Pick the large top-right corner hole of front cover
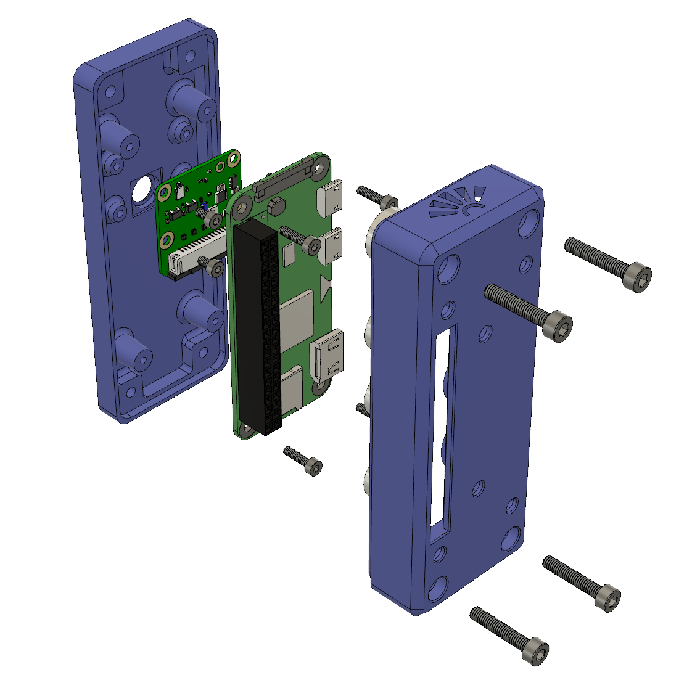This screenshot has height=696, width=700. pos(530,223)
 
